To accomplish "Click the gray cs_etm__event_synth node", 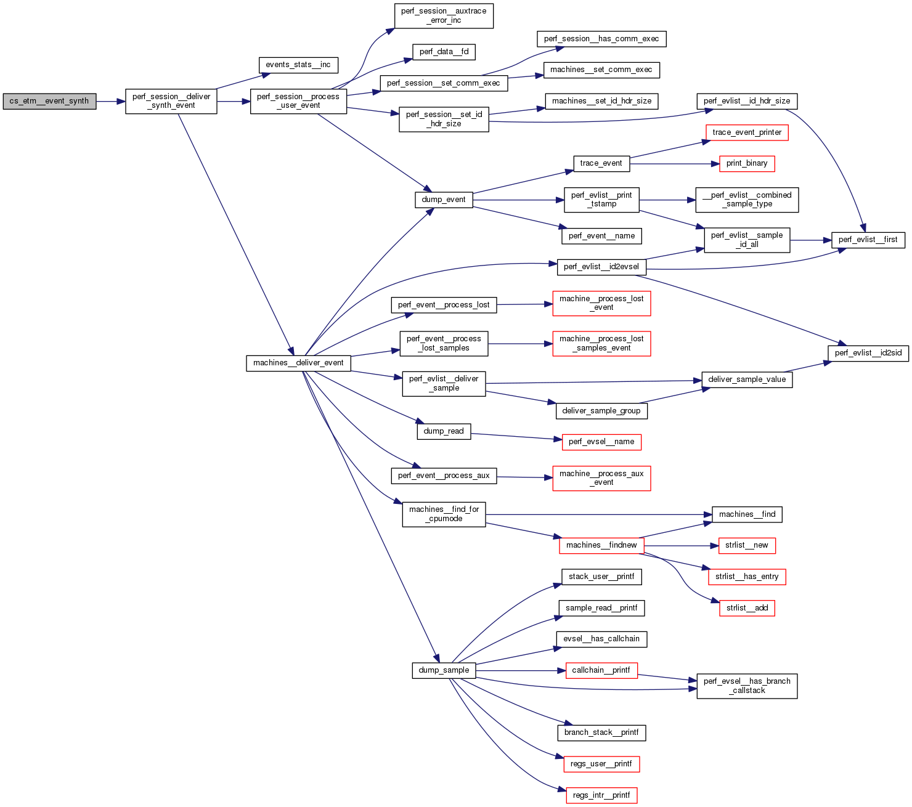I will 49,102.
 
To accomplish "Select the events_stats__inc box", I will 298,65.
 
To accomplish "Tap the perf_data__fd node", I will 444,52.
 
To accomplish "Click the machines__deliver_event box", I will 298,363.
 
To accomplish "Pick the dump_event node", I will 444,200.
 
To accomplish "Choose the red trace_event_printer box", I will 747,132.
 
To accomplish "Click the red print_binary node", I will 747,163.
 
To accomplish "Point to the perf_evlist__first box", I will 868,240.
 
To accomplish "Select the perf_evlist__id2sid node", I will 868,353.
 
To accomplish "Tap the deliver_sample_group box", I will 601,411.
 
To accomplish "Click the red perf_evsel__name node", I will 601,442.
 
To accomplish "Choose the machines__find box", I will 747,514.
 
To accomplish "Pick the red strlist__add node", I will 747,608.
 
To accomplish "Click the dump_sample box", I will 444,670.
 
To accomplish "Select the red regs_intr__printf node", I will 601,795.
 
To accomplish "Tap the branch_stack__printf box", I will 601,732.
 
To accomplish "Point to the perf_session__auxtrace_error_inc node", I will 444,16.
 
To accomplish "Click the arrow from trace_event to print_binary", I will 675,164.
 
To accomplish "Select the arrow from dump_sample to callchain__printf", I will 521,670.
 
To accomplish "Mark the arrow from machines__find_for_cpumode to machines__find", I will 598,514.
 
